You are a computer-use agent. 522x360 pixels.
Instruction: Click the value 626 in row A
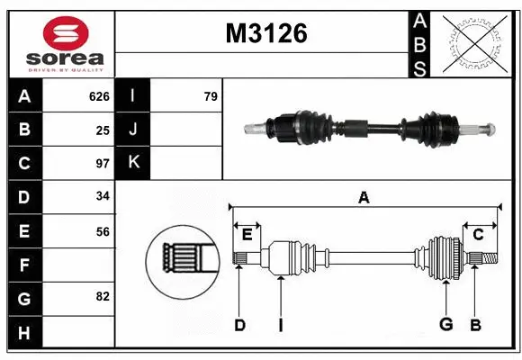(x=99, y=96)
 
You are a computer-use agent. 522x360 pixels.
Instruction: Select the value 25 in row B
(x=103, y=130)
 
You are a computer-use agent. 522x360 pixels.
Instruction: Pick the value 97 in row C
(x=103, y=164)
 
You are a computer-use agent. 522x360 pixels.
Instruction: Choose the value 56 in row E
(x=103, y=231)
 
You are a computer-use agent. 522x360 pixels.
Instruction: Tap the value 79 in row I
(x=211, y=96)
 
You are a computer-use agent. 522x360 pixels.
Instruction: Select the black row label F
(x=24, y=265)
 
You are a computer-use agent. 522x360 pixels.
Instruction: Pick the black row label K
(x=133, y=163)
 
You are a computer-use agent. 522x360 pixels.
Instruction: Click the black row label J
(x=133, y=130)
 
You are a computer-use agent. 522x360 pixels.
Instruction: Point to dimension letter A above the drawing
(x=364, y=197)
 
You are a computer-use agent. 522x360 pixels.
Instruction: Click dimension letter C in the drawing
(x=478, y=234)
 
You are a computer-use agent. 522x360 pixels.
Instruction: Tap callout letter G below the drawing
(x=445, y=325)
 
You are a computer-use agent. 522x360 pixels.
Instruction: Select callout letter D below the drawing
(x=239, y=325)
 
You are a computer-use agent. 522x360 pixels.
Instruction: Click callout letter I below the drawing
(x=280, y=325)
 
